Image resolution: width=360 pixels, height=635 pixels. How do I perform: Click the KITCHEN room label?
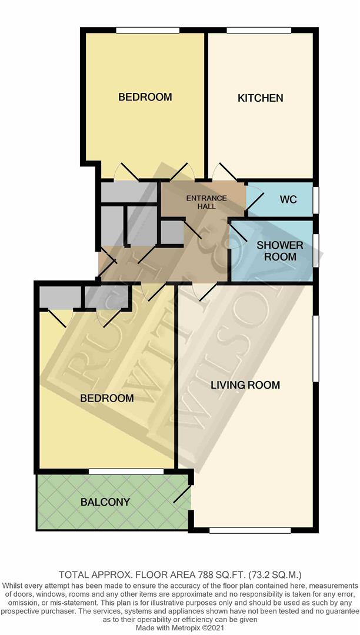point(260,98)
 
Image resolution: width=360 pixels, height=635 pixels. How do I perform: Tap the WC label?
point(288,199)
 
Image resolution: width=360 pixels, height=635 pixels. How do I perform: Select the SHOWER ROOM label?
point(279,251)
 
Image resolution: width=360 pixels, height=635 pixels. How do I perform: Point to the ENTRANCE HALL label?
point(206,202)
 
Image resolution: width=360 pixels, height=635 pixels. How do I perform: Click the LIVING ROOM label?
point(245,385)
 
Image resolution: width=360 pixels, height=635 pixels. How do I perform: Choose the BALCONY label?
point(105,502)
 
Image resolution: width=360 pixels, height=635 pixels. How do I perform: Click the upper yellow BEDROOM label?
point(145,97)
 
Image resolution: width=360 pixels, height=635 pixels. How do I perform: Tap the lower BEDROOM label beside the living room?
point(106,398)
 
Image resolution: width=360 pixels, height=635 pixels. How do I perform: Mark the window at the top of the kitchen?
point(258,30)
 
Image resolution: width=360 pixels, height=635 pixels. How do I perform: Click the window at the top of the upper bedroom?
point(147,30)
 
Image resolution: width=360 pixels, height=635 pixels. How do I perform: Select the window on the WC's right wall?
point(315,198)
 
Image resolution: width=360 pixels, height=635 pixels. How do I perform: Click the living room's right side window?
point(315,348)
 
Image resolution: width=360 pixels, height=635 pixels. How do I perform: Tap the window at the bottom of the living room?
point(249,530)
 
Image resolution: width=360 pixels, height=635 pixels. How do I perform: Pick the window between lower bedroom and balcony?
point(126,472)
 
